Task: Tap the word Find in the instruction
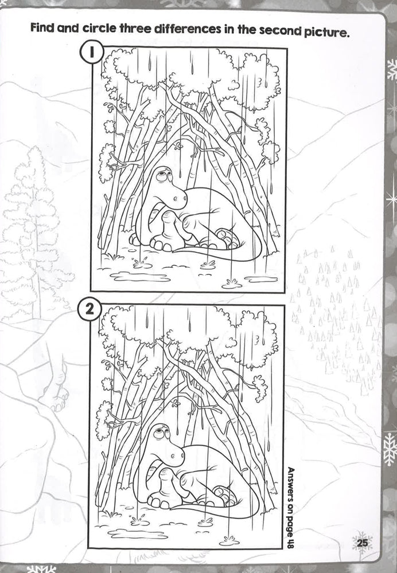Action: (46, 29)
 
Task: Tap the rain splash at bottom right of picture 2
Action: (229, 540)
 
